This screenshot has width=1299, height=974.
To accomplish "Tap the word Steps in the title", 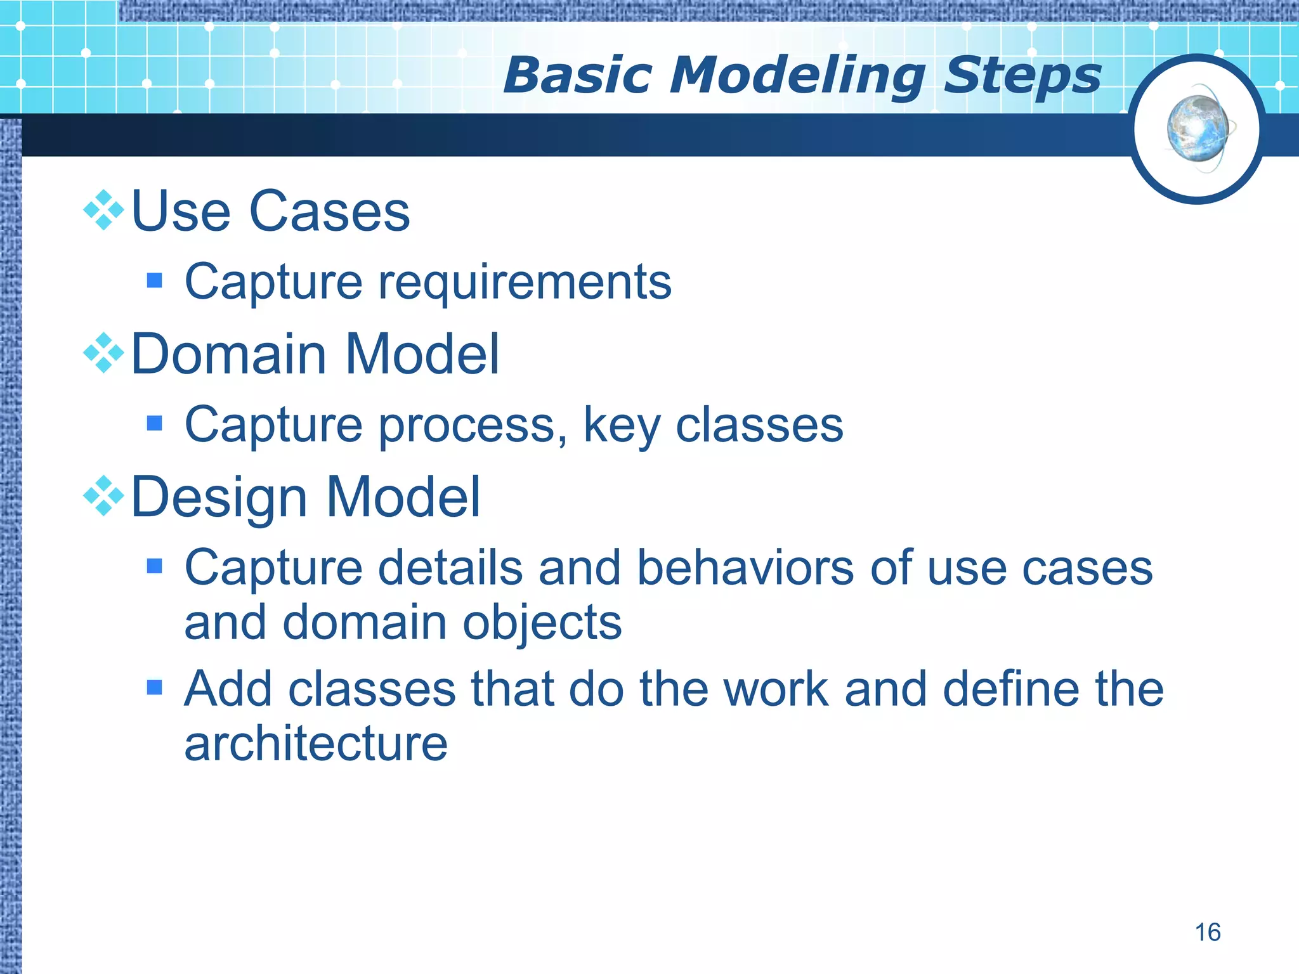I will pos(1022,76).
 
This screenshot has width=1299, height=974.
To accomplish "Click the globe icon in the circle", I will pos(1198,129).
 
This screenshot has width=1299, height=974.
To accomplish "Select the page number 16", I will pos(1208,932).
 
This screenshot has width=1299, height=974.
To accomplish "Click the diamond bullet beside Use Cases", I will pos(103,210).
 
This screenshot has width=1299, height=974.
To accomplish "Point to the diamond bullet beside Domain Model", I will pos(103,353).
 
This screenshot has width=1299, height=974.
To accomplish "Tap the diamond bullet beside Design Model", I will pos(103,495).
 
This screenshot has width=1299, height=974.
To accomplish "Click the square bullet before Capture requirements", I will pos(154,280).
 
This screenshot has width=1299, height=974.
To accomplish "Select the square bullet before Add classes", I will pos(154,687).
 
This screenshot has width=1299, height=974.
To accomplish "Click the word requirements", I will pos(525,283).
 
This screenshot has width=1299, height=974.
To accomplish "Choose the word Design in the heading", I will pos(219,498).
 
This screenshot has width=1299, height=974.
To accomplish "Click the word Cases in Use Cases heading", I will pos(329,211).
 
